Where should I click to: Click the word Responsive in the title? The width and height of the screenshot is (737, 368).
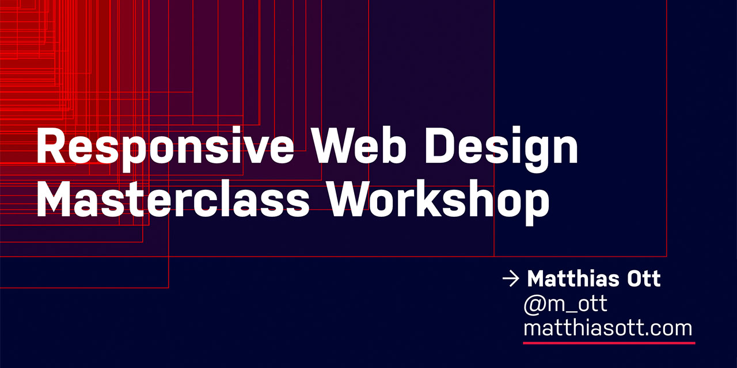click(x=165, y=147)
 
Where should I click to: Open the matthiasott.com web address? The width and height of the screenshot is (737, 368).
click(x=607, y=328)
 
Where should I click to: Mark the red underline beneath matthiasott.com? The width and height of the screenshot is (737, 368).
click(x=609, y=343)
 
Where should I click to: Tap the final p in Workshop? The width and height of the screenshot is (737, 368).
click(x=537, y=205)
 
